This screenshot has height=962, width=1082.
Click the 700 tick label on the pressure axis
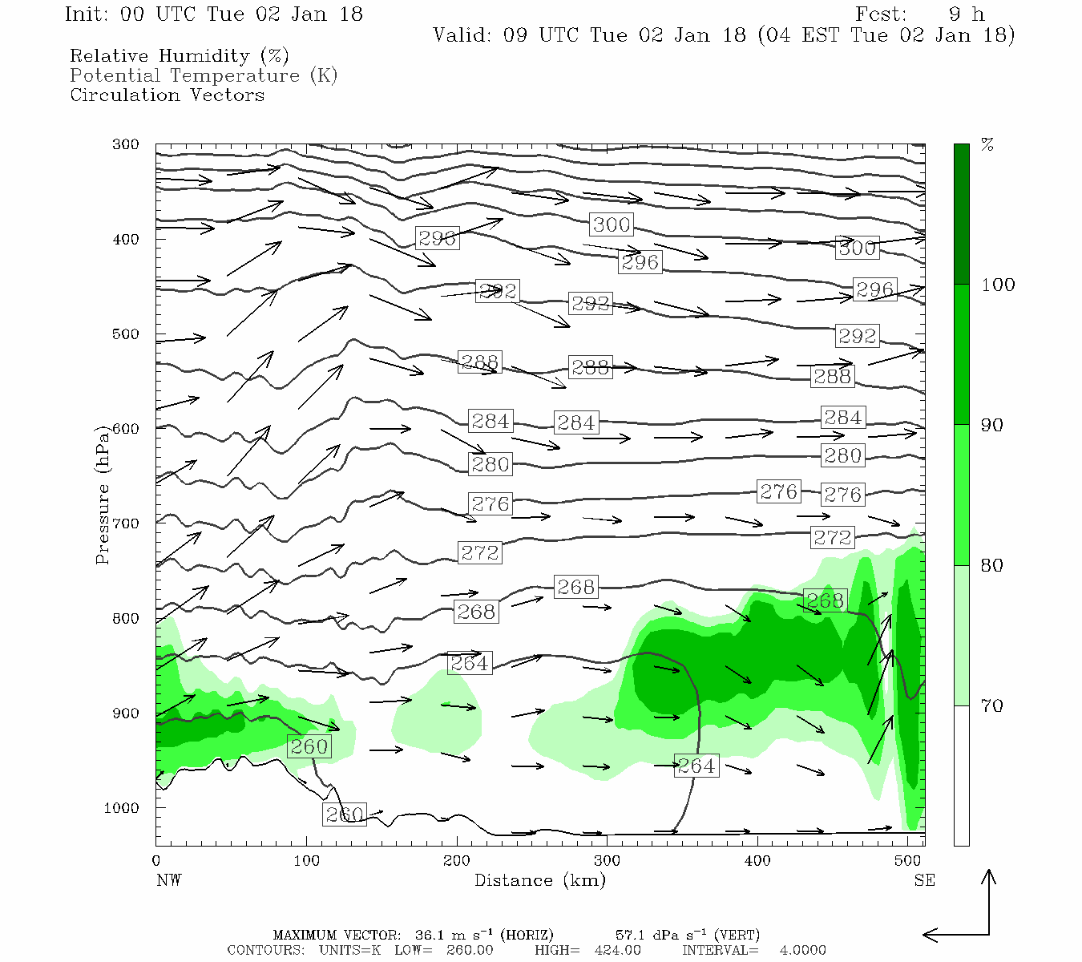126,523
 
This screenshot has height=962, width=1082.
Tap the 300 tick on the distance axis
607,860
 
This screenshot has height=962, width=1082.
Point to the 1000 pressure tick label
122,808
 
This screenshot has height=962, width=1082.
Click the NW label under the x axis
168,880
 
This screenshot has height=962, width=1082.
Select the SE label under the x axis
924,880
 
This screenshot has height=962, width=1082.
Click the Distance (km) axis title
539,880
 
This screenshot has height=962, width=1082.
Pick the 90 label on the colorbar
992,425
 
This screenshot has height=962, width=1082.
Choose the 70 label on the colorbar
992,705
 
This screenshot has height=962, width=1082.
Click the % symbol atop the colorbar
987,145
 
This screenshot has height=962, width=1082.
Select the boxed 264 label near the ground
696,766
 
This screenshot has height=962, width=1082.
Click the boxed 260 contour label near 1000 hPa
345,814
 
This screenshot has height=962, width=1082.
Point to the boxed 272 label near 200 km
479,552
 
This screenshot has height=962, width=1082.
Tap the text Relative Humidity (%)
179,56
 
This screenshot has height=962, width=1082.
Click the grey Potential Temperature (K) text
204,75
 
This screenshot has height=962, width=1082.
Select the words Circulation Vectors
167,95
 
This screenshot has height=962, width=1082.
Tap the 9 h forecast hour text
966,14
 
